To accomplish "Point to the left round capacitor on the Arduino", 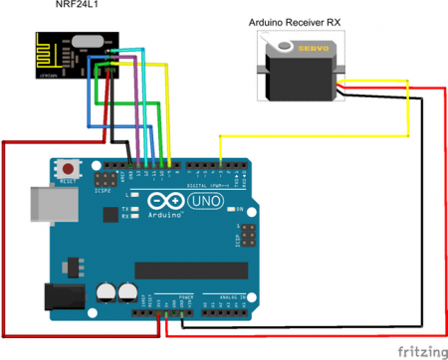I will [x=107, y=291].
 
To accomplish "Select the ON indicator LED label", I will [x=240, y=208].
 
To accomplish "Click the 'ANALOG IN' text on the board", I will [x=227, y=298].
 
